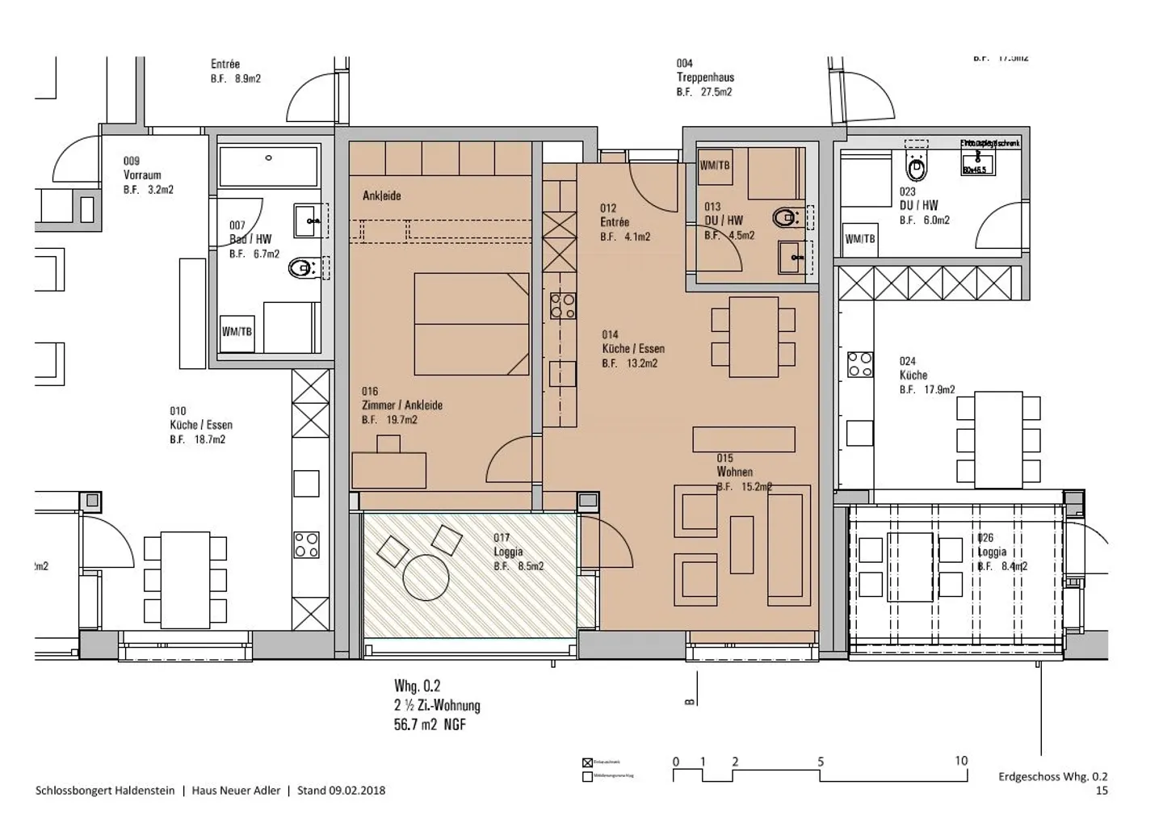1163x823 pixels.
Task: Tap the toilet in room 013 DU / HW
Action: (785, 217)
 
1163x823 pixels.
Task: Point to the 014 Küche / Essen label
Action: (633, 349)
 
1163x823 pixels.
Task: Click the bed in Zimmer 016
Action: (471, 324)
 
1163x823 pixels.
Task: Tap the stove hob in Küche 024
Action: (859, 363)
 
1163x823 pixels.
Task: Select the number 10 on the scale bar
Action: (960, 761)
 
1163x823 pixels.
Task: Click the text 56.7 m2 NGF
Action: (430, 724)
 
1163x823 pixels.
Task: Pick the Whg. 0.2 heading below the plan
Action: (417, 686)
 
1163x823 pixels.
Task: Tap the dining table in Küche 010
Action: (185, 579)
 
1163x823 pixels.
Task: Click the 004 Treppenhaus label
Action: (705, 78)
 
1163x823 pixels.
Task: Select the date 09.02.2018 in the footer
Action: (357, 791)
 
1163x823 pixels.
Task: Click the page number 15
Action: (1102, 791)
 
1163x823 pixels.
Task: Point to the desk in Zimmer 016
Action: (389, 468)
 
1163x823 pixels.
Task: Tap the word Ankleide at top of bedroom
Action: (381, 195)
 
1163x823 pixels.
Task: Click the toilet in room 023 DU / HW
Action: (916, 170)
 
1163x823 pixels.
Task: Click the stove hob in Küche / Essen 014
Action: (563, 305)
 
